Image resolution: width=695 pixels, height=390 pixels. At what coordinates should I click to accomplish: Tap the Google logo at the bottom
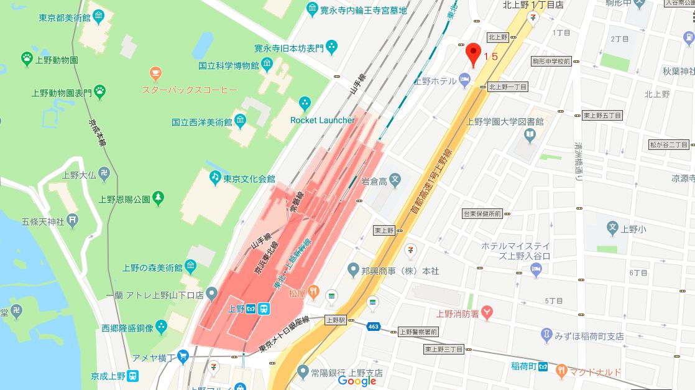(x=357, y=381)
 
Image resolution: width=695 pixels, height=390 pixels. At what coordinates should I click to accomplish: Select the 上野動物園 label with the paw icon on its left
(x=55, y=60)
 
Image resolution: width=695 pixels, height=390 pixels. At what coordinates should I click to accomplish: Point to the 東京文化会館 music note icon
(x=214, y=178)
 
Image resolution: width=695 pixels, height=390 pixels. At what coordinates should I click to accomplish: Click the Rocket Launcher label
(x=322, y=120)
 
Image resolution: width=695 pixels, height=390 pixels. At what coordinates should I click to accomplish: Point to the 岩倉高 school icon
(x=395, y=180)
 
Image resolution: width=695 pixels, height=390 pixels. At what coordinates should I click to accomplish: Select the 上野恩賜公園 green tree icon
(x=159, y=199)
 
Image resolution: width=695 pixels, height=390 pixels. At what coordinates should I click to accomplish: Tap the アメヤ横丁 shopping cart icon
(x=183, y=356)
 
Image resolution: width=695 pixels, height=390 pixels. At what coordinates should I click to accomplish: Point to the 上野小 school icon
(x=612, y=228)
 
